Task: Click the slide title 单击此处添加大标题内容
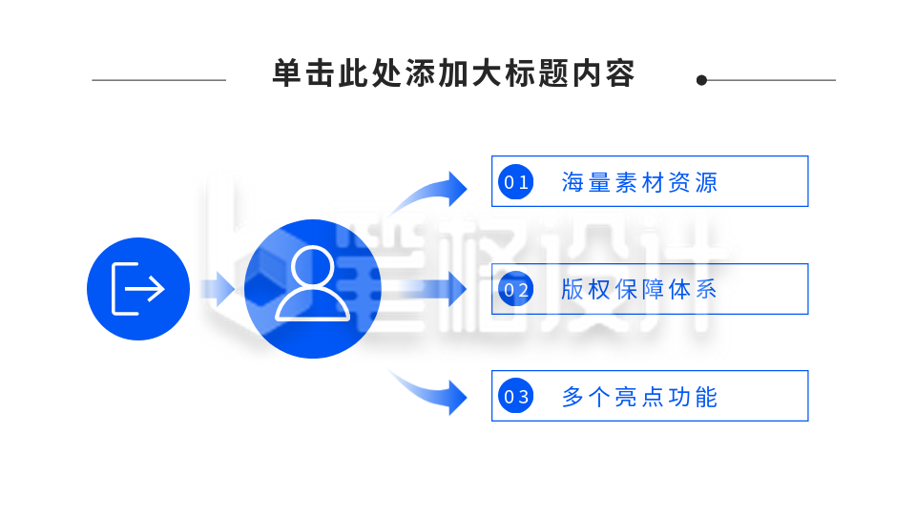coord(453,73)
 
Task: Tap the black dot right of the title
coord(701,80)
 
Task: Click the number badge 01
coord(516,182)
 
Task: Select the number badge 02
coord(516,290)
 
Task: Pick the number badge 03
coord(516,397)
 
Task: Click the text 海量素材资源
coord(639,183)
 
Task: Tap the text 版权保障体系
coord(639,290)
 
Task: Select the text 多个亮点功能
coord(639,397)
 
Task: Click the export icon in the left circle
coord(137,289)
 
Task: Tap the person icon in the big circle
coord(313,284)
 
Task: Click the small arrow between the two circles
coord(218,289)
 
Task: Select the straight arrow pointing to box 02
coord(427,289)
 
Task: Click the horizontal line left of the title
coord(159,80)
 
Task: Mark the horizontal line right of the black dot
coord(771,80)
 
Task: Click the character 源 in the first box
coord(706,183)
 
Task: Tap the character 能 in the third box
coord(706,397)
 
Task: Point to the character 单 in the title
coord(287,73)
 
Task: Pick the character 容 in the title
coord(620,73)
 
